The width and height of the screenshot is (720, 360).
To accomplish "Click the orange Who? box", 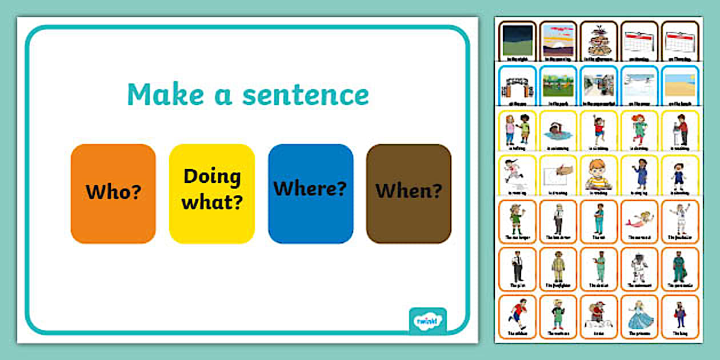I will click(x=113, y=194).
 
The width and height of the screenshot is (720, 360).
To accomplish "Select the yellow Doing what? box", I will click(x=212, y=194).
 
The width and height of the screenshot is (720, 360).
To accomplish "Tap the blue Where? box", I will click(x=310, y=194).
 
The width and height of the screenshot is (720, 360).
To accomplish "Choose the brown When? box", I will click(x=409, y=194).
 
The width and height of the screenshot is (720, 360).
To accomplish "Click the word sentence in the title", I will click(x=306, y=95).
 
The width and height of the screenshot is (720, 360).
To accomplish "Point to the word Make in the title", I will click(x=163, y=95).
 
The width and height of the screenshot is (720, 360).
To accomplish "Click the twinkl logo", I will click(x=427, y=321).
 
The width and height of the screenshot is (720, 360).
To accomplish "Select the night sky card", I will click(x=518, y=41).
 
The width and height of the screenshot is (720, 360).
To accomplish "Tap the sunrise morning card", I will click(x=558, y=41).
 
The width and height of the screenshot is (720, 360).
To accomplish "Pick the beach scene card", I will click(x=680, y=86).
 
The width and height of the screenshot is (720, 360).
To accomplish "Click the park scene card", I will click(x=558, y=86).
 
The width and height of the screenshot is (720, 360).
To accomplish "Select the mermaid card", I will click(x=639, y=222).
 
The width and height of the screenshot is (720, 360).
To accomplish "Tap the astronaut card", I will click(x=639, y=267).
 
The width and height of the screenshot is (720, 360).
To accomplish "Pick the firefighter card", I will click(x=558, y=267).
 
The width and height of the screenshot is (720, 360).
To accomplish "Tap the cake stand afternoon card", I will click(x=599, y=41).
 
